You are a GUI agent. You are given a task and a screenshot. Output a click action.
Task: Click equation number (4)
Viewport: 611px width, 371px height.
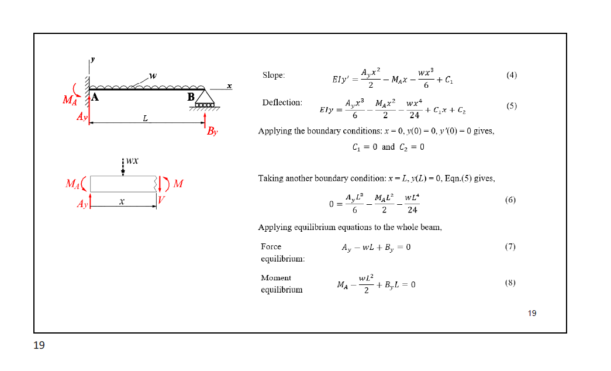tap(512, 75)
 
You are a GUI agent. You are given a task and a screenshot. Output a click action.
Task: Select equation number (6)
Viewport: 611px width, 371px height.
tap(510, 200)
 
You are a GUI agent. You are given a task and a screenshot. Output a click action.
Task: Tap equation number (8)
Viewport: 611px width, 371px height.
tap(510, 283)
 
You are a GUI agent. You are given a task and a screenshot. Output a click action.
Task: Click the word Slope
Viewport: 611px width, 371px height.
tap(273, 75)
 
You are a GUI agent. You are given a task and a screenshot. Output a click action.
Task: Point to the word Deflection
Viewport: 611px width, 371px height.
tap(282, 102)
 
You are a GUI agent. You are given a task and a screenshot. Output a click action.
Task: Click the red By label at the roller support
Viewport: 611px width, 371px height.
tap(212, 132)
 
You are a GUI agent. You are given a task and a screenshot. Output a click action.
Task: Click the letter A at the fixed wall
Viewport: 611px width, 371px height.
tap(95, 98)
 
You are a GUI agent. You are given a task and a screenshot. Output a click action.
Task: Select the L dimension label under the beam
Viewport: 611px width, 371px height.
tap(146, 119)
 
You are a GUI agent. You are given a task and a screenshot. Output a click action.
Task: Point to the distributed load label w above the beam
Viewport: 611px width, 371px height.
tap(153, 76)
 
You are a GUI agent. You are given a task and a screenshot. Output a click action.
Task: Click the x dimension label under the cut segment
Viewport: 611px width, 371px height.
tap(122, 201)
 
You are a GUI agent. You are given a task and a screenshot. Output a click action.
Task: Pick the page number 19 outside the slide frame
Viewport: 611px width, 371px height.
tap(39, 345)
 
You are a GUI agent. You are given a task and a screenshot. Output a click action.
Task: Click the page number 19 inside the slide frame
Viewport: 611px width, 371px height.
tap(531, 314)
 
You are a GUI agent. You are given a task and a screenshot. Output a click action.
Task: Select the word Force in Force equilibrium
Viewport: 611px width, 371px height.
tap(271, 247)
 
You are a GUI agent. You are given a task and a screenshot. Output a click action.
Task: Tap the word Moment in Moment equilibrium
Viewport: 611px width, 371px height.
tap(275, 278)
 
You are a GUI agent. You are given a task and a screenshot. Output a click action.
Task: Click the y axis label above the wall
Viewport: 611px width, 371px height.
tap(92, 59)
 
